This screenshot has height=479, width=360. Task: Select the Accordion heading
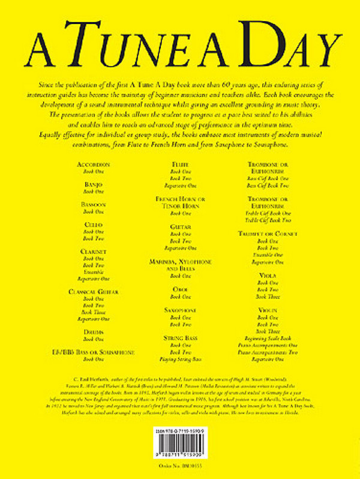93,163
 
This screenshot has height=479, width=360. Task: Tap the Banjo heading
93,184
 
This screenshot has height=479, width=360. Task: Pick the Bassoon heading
93,204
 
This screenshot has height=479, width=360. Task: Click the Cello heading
93,224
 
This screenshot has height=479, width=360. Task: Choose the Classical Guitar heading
93,291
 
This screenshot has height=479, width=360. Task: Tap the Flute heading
181,163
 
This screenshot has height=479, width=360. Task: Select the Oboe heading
181,289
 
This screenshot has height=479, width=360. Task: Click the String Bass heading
181,338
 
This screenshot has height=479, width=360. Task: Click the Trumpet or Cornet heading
268,233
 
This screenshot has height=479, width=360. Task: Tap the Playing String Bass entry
181,359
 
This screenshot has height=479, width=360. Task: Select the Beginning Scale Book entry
268,337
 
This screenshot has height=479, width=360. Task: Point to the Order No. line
181,466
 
